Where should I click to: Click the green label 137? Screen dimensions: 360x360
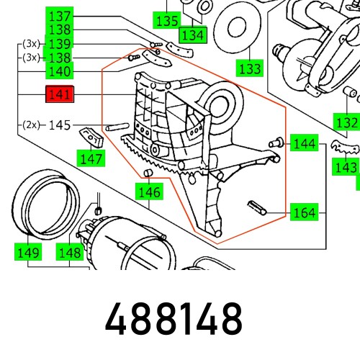(x=59, y=16)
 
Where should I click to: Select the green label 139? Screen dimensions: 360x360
(x=59, y=44)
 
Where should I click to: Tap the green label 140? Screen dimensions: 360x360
(x=59, y=71)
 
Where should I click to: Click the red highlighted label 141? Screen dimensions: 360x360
(x=59, y=95)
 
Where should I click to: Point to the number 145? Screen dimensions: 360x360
(x=59, y=125)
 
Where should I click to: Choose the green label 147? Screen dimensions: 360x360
(x=91, y=158)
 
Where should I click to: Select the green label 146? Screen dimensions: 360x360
(x=150, y=192)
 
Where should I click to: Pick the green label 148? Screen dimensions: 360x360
(x=70, y=252)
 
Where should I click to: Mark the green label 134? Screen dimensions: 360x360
(x=192, y=35)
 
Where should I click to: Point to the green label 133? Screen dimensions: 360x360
(x=250, y=69)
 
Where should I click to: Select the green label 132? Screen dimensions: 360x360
(x=347, y=122)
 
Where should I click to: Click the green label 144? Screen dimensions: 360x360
(x=305, y=144)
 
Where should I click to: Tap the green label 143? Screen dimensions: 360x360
(x=346, y=167)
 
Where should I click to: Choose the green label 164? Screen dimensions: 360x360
(x=305, y=212)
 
